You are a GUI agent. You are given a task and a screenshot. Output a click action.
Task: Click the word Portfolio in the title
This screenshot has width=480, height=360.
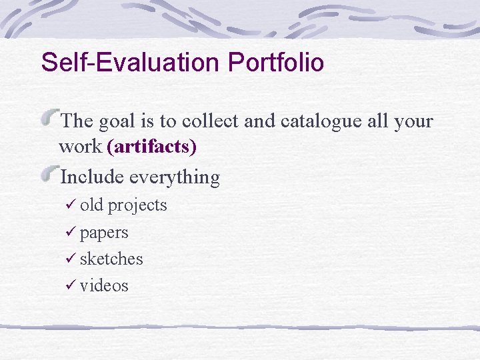point(276,63)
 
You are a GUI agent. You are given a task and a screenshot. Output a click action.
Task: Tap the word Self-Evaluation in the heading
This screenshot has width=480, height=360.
point(131,63)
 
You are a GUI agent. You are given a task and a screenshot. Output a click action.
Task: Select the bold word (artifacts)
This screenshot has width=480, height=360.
point(151,147)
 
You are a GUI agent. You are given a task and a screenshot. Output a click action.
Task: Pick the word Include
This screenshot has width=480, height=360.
point(92,177)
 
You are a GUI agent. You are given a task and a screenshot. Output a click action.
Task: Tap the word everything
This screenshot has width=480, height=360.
point(175,178)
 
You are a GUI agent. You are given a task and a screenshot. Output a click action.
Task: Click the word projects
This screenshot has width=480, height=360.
point(137,206)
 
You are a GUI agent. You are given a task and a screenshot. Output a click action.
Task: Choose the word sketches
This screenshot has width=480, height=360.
point(111,259)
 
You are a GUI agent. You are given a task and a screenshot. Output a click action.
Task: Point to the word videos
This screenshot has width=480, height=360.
point(104,286)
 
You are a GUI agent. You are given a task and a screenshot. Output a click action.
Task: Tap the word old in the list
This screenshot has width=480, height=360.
point(91,205)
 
